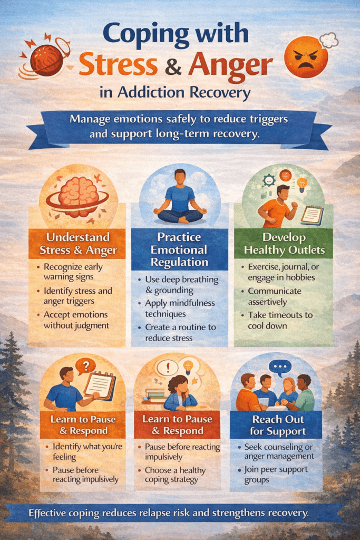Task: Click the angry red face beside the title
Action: click(306, 57)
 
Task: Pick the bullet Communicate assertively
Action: click(276, 296)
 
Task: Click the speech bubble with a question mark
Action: click(85, 364)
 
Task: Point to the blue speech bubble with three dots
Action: click(279, 367)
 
